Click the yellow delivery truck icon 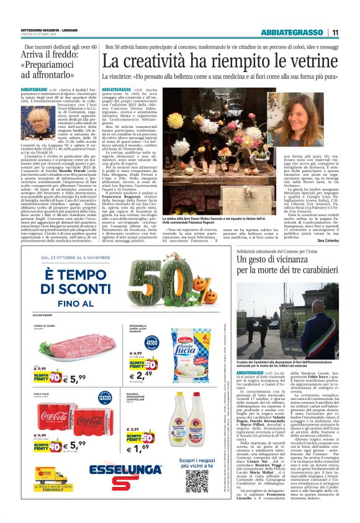[x=45, y=476]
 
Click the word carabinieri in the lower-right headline [x=308, y=271]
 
